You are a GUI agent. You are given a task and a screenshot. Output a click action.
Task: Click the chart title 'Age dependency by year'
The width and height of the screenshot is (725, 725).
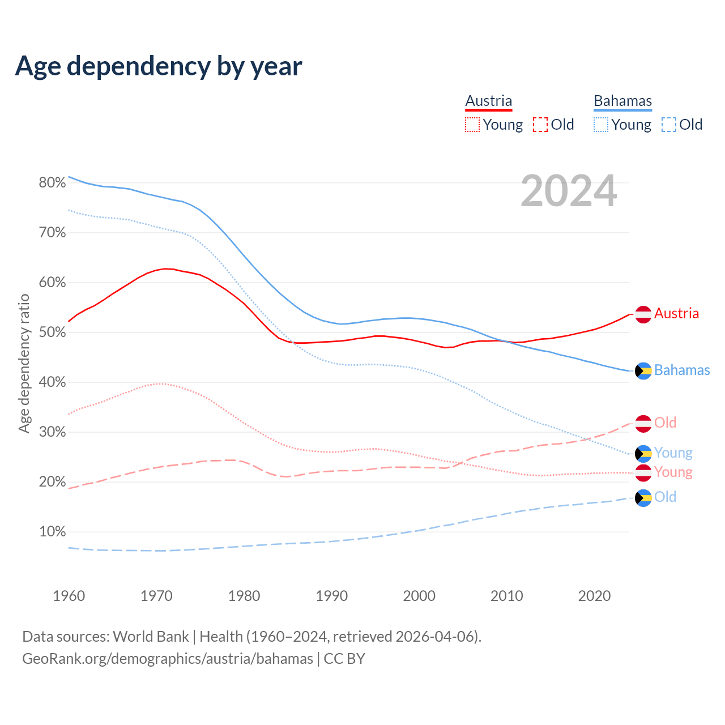(x=159, y=66)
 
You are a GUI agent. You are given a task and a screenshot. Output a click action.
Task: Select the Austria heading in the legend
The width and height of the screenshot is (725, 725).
(x=488, y=101)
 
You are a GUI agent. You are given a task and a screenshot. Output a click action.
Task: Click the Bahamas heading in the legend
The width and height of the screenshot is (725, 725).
(x=622, y=101)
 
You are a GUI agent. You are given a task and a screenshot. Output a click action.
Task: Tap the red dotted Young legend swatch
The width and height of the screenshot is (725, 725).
(x=472, y=125)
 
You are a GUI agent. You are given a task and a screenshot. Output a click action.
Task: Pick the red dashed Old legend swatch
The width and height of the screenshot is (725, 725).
(x=540, y=125)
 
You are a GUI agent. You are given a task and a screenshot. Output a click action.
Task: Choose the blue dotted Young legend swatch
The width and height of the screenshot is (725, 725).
(x=601, y=125)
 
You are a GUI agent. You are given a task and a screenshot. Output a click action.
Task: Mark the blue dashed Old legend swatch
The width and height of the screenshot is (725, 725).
(x=669, y=125)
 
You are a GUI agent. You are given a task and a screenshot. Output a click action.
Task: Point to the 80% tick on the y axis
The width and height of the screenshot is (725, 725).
(x=52, y=182)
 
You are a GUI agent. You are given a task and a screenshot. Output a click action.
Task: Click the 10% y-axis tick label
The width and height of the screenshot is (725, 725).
(x=52, y=532)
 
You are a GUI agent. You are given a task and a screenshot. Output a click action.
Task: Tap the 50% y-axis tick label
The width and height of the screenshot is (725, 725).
(x=52, y=332)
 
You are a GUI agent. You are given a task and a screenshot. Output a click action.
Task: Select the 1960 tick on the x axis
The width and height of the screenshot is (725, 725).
(x=69, y=596)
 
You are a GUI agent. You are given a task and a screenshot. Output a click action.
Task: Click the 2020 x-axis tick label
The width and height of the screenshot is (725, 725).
(x=594, y=596)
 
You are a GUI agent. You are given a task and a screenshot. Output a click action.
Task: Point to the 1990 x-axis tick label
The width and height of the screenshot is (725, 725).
(x=331, y=596)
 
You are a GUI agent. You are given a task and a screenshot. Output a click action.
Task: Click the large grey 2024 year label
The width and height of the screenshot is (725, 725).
(x=569, y=191)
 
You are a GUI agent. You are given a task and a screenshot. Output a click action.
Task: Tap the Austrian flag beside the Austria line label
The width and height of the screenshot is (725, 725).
(x=643, y=314)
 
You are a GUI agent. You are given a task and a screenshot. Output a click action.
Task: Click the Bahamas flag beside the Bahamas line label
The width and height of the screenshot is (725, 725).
(x=643, y=370)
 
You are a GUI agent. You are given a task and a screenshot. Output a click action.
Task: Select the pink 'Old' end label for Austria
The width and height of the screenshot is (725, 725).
(x=665, y=423)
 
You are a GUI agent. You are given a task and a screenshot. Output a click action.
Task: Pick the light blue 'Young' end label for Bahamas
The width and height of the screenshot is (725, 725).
(x=673, y=453)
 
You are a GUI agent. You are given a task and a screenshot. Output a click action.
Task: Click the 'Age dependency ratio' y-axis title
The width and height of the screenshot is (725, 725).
(x=24, y=363)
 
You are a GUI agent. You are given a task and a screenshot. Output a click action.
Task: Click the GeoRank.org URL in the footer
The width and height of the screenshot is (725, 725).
(x=168, y=659)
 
